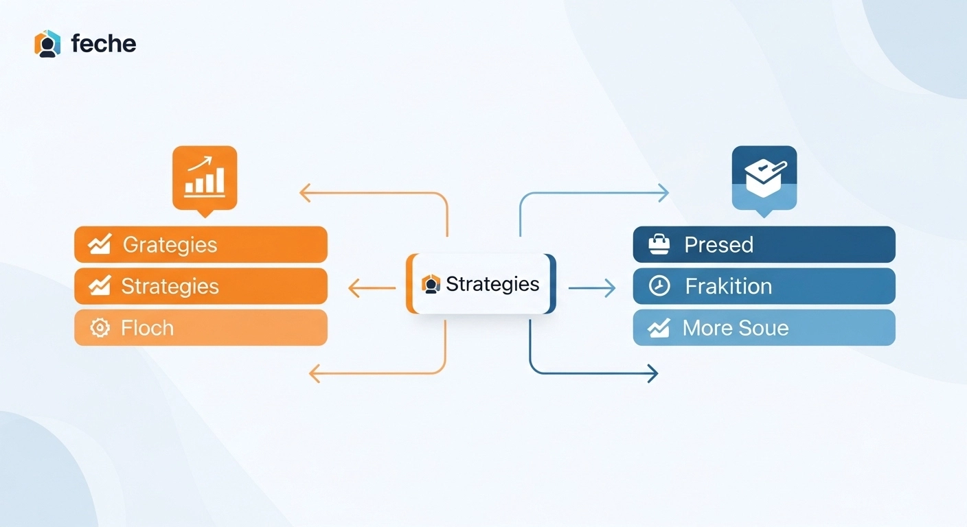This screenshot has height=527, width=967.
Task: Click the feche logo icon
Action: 47,43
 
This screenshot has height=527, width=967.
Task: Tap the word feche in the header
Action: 104,44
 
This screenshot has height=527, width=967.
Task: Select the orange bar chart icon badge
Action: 205,178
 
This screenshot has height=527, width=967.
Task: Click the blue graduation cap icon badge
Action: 764,178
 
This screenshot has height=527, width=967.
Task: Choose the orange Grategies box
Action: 201,244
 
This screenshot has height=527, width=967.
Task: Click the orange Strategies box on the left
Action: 201,286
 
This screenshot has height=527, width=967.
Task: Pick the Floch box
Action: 201,327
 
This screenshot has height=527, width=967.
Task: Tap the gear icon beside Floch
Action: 100,328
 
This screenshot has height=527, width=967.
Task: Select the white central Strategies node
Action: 481,284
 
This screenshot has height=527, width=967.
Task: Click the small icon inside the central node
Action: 431,284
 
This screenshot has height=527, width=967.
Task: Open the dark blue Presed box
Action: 764,244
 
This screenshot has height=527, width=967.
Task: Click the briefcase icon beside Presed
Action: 659,244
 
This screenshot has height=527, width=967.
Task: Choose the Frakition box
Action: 764,286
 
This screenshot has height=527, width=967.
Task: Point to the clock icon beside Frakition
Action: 659,286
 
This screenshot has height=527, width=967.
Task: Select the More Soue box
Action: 764,327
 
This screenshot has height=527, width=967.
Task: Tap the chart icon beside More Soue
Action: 659,328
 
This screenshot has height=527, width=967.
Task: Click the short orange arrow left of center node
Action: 372,288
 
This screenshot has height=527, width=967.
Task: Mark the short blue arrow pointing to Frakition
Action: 592,288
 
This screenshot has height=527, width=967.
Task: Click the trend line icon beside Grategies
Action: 100,244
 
